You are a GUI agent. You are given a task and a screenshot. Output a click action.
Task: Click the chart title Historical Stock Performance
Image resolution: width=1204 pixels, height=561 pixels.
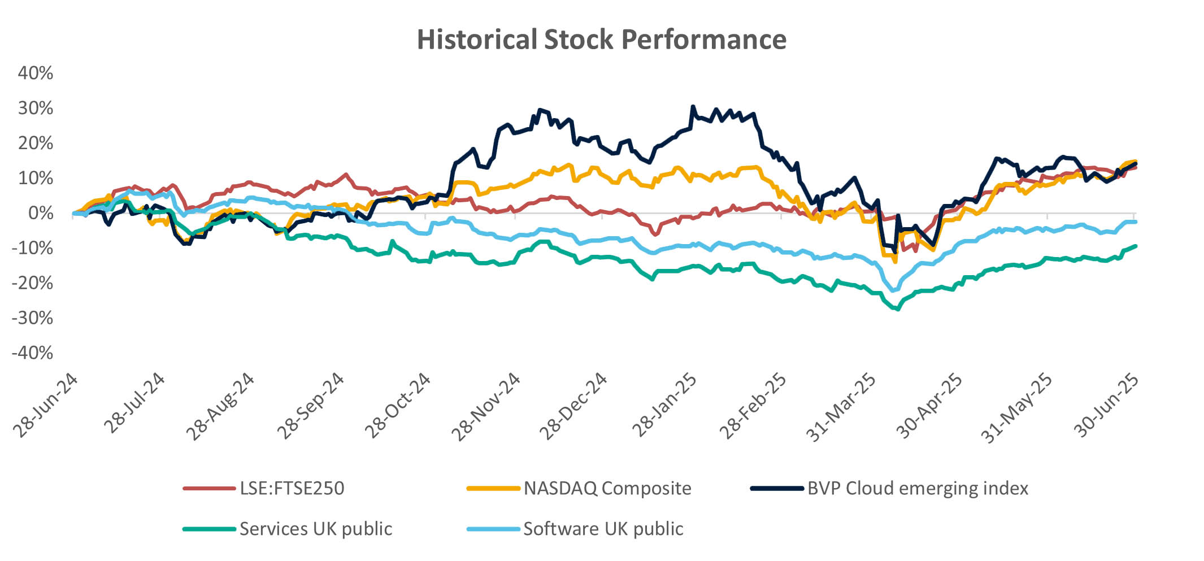(601, 40)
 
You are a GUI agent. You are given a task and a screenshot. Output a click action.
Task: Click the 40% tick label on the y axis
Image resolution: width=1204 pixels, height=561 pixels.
(36, 73)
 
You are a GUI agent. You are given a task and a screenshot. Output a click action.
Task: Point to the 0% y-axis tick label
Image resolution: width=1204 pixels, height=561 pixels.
(41, 213)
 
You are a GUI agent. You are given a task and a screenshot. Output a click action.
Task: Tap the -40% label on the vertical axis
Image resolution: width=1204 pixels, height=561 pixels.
(32, 353)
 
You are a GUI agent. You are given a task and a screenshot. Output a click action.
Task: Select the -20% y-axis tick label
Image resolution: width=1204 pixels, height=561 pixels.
(32, 282)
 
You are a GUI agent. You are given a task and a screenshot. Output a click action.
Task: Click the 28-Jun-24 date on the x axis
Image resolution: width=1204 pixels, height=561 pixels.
(46, 405)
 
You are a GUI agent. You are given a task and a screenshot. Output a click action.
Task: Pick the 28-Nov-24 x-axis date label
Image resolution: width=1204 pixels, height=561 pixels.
(486, 406)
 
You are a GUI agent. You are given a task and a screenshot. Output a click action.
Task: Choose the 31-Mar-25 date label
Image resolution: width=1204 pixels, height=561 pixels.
(841, 407)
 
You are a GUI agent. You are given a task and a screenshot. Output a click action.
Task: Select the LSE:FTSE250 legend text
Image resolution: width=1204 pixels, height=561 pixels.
(292, 488)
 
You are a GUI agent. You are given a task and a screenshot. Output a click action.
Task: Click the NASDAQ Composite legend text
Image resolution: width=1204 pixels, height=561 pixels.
(607, 488)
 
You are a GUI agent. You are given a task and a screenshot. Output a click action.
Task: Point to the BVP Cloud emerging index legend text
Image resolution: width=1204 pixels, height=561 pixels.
(918, 488)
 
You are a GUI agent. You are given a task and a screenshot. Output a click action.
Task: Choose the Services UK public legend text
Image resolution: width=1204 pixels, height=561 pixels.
(316, 529)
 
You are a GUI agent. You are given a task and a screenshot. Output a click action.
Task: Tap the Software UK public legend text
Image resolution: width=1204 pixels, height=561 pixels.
(603, 529)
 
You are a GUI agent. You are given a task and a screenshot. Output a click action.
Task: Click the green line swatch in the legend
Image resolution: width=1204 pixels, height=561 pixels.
(209, 529)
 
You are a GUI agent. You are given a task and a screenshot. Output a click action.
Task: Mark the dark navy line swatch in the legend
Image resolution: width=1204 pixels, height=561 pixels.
(777, 488)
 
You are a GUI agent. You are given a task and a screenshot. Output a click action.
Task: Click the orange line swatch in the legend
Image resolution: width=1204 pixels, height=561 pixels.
(493, 488)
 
